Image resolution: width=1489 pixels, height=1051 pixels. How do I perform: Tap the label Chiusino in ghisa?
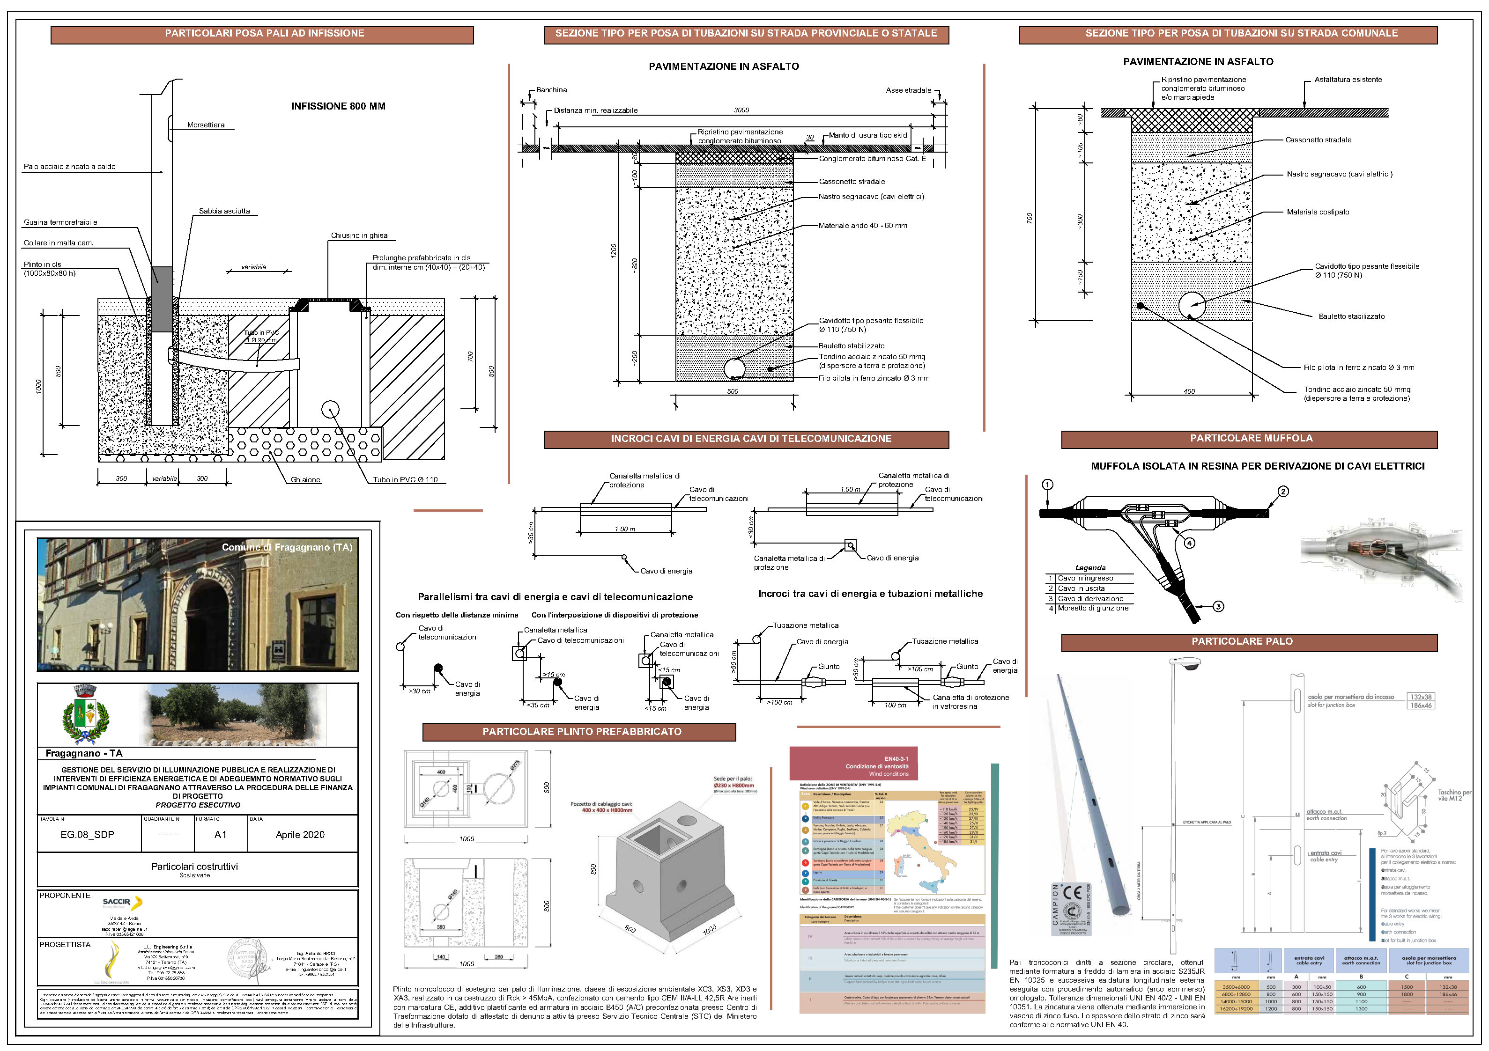tap(359, 235)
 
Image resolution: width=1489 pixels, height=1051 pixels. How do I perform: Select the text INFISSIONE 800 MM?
tap(338, 106)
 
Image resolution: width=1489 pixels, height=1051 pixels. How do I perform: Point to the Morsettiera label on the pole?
tap(206, 125)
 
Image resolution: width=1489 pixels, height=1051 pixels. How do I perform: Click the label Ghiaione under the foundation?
tap(305, 480)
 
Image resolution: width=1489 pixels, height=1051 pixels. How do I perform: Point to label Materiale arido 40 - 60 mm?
tap(862, 226)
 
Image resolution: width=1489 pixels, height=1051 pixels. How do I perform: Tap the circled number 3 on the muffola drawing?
tap(1219, 607)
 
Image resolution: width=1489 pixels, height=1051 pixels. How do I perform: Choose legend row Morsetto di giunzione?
tap(1093, 608)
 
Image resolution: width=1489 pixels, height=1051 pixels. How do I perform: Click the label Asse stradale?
tap(908, 90)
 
